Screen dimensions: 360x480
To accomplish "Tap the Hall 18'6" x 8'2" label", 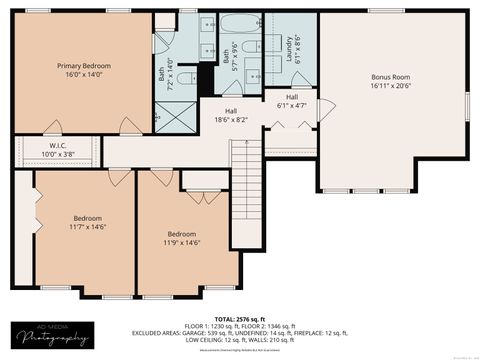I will [230, 115].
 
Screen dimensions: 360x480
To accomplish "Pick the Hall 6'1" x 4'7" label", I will [292, 100].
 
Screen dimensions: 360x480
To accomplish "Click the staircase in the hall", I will [245, 165].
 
